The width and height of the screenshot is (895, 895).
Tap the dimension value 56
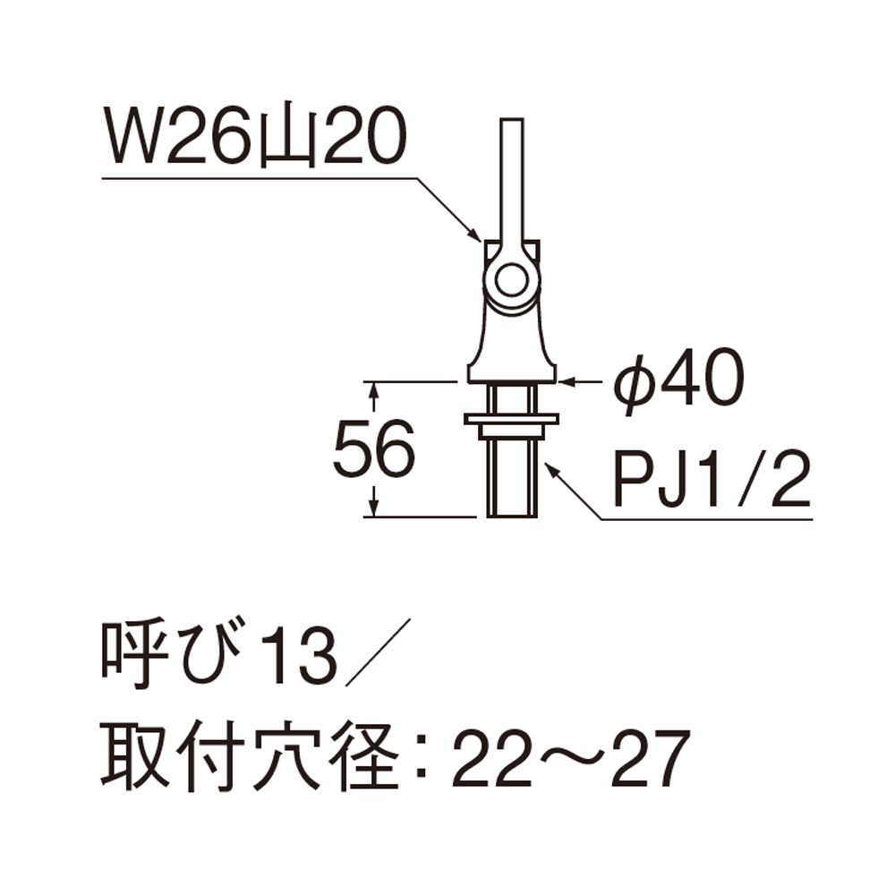pos(374,448)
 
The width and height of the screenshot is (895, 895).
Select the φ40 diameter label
pos(678,379)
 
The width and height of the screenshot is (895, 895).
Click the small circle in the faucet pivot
pos(511,279)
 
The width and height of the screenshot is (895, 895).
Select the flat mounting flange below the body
pos(511,420)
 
